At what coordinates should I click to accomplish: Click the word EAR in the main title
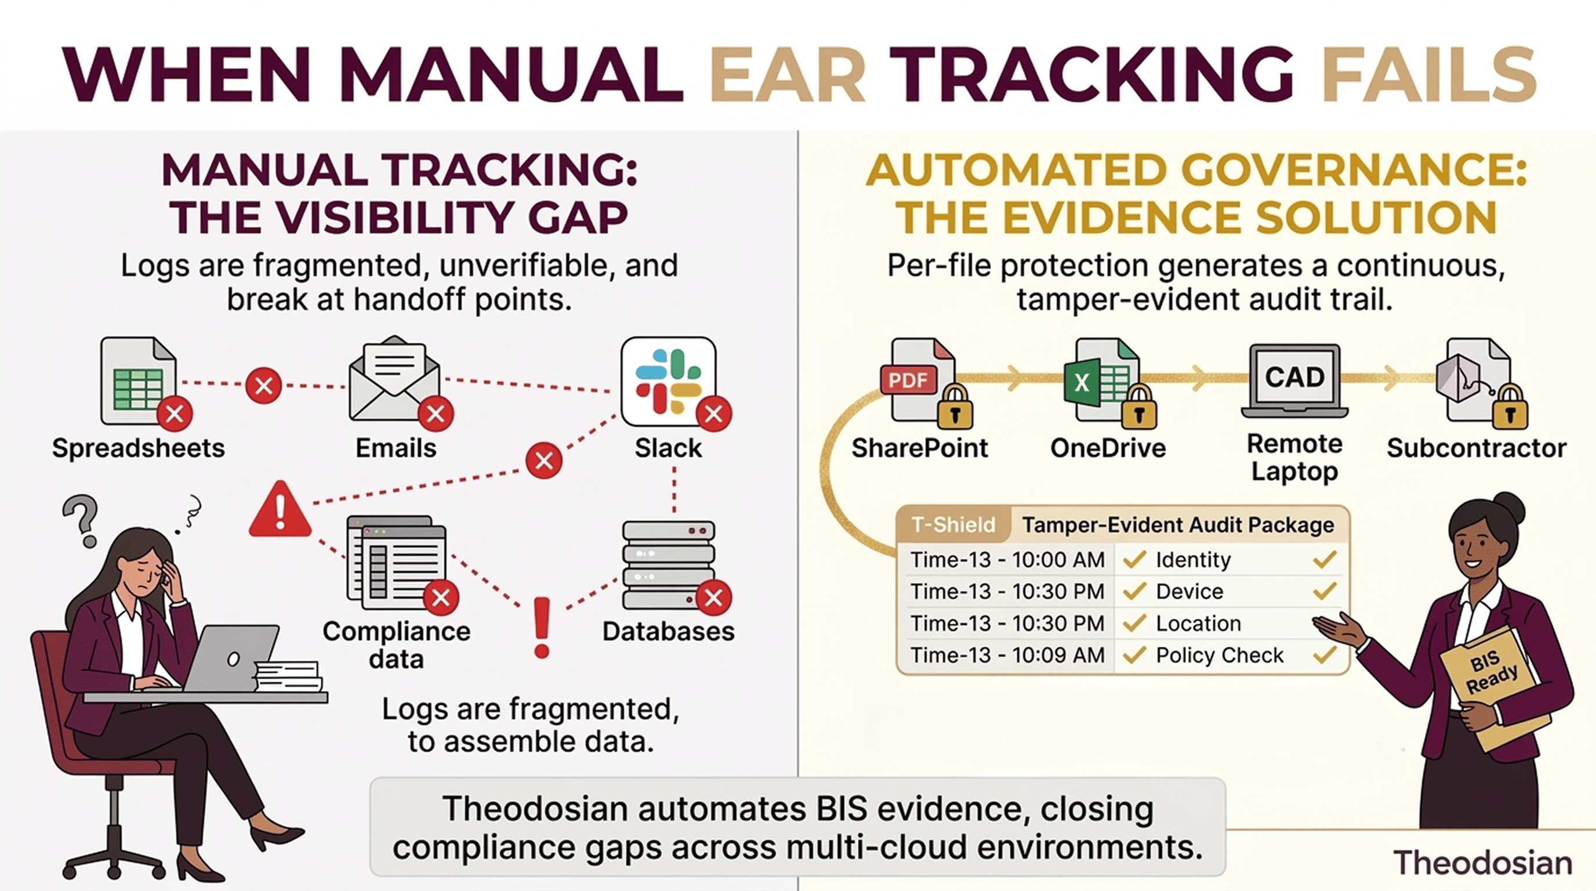788,75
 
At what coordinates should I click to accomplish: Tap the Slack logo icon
668,381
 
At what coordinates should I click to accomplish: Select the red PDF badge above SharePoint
908,379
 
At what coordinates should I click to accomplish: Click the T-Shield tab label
953,525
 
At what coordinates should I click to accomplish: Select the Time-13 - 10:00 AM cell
1007,560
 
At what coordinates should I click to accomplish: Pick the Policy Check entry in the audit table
1219,655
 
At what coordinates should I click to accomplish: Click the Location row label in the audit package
1198,624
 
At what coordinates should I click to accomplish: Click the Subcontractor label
1477,448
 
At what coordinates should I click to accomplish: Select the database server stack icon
668,564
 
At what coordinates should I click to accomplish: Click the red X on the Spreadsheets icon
175,414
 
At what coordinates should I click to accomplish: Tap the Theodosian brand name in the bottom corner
1482,863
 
